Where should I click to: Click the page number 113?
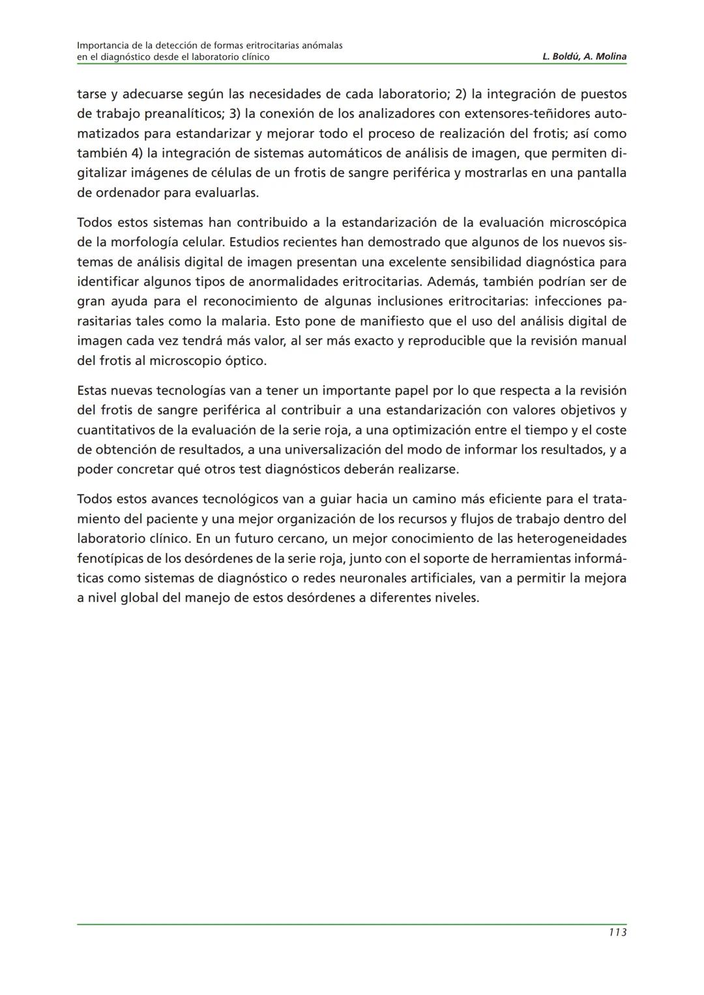coord(617,932)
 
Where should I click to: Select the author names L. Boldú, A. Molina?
coord(584,57)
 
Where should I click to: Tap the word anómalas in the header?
coord(321,46)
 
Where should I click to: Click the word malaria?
coord(242,321)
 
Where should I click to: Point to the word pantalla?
coord(598,173)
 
